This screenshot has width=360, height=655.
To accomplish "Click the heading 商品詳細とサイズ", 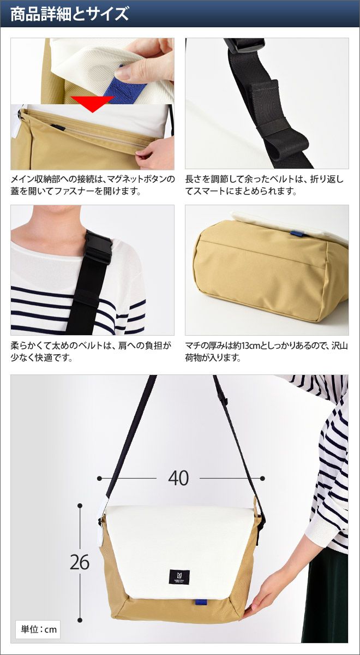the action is click(x=70, y=14).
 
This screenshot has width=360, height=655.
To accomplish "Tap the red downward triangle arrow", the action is click(x=92, y=104).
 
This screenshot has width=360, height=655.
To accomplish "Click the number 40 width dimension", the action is click(x=178, y=478).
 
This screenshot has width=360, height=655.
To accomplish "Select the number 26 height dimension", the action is click(x=80, y=562).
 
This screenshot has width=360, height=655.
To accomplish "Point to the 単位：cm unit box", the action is click(x=38, y=629).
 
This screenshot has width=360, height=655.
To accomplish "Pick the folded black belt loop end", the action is click(x=288, y=148).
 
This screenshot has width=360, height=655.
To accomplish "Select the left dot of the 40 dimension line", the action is click(x=99, y=478).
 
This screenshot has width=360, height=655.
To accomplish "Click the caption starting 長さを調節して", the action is click(x=265, y=185).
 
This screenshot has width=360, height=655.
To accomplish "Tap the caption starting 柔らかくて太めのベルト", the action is click(x=91, y=351).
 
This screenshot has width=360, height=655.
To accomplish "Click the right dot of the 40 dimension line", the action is click(x=262, y=478).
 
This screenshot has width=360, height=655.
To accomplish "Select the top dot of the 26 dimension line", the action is click(x=80, y=505).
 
